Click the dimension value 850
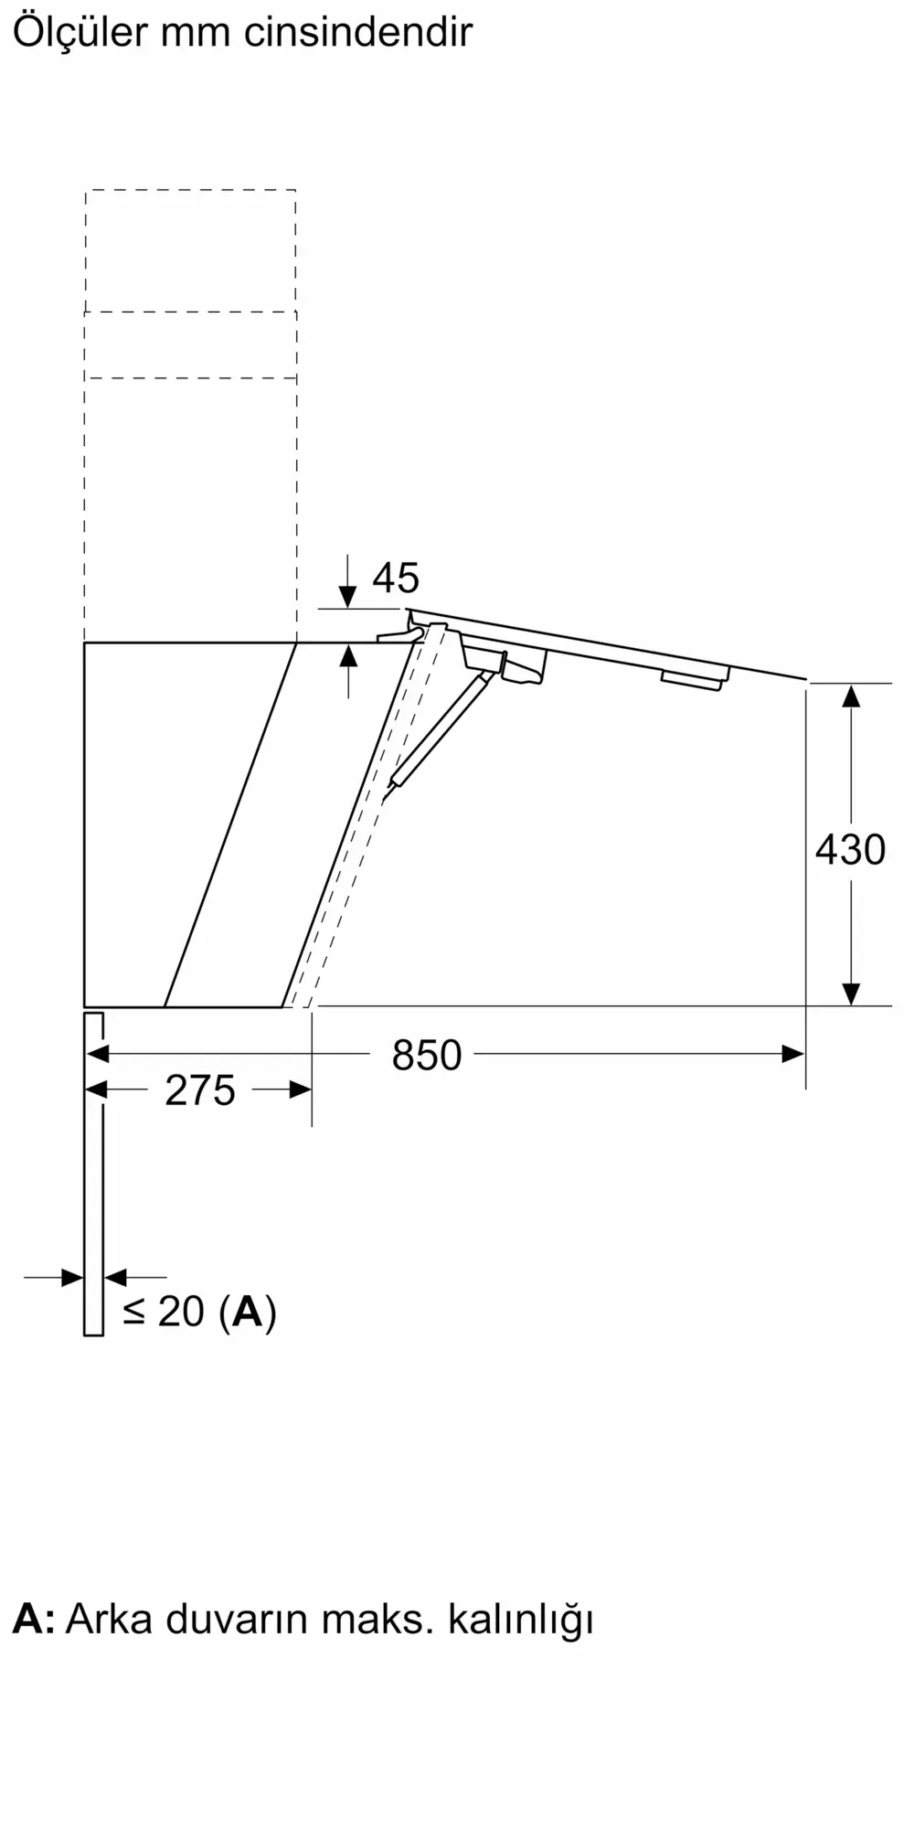[x=426, y=1055]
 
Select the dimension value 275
[x=199, y=1090]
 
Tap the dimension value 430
[x=850, y=850]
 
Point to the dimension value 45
[x=396, y=578]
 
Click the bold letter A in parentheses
[x=248, y=1312]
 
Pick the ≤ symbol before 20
[x=134, y=1312]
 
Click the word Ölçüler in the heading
[x=80, y=33]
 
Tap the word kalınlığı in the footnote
[x=520, y=1620]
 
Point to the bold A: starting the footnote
[x=34, y=1619]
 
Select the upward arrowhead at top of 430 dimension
[x=851, y=696]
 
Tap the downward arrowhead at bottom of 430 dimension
[x=851, y=994]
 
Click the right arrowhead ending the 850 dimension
[x=793, y=1054]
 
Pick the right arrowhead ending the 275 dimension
[x=300, y=1089]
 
